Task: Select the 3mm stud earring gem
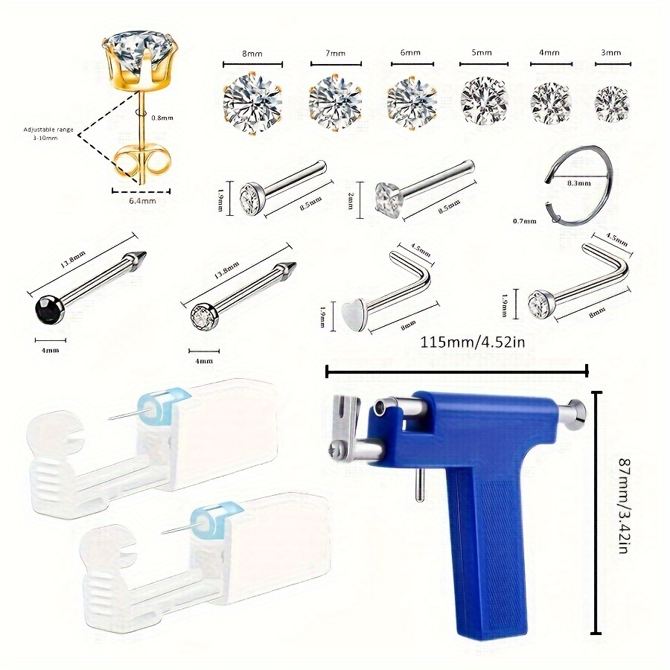pyautogui.click(x=612, y=103)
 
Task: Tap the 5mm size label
pyautogui.click(x=486, y=54)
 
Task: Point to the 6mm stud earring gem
pyautogui.click(x=411, y=100)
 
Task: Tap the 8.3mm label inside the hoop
pyautogui.click(x=578, y=182)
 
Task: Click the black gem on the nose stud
pyautogui.click(x=44, y=308)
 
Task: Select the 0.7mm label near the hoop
pyautogui.click(x=526, y=220)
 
